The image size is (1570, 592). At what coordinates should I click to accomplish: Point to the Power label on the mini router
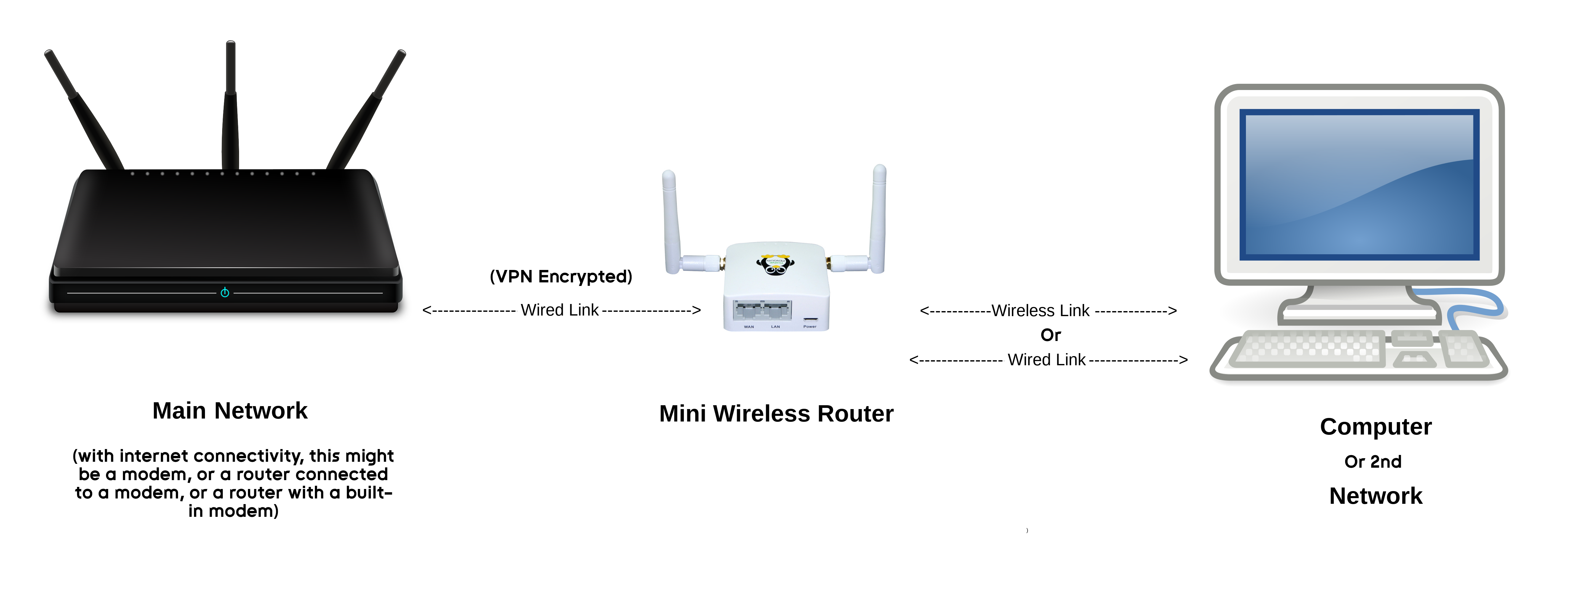(x=810, y=326)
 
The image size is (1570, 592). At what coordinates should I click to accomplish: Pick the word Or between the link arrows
(x=1051, y=335)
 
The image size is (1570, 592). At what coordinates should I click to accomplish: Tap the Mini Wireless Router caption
(x=776, y=414)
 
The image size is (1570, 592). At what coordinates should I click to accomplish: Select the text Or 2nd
(x=1373, y=462)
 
